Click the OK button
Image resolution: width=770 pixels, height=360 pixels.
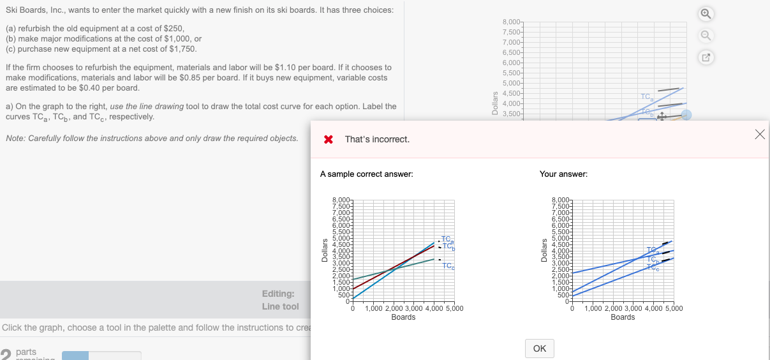click(539, 349)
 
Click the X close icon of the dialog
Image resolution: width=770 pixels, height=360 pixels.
click(759, 134)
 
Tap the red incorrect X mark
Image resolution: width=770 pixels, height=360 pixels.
click(329, 139)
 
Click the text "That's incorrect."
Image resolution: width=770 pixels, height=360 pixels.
click(377, 139)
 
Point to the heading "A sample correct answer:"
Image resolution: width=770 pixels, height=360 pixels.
click(366, 174)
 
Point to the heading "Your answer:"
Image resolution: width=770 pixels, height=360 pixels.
click(563, 174)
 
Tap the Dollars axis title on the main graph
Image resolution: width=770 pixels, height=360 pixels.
click(494, 103)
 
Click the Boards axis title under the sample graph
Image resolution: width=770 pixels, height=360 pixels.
click(403, 317)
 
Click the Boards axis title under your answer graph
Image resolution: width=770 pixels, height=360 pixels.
click(623, 317)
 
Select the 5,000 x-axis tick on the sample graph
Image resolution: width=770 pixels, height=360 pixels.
click(454, 309)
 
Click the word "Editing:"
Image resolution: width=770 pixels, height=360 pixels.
click(278, 294)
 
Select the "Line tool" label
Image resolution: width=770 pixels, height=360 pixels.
click(280, 306)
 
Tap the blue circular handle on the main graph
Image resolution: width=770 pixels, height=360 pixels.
click(686, 115)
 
